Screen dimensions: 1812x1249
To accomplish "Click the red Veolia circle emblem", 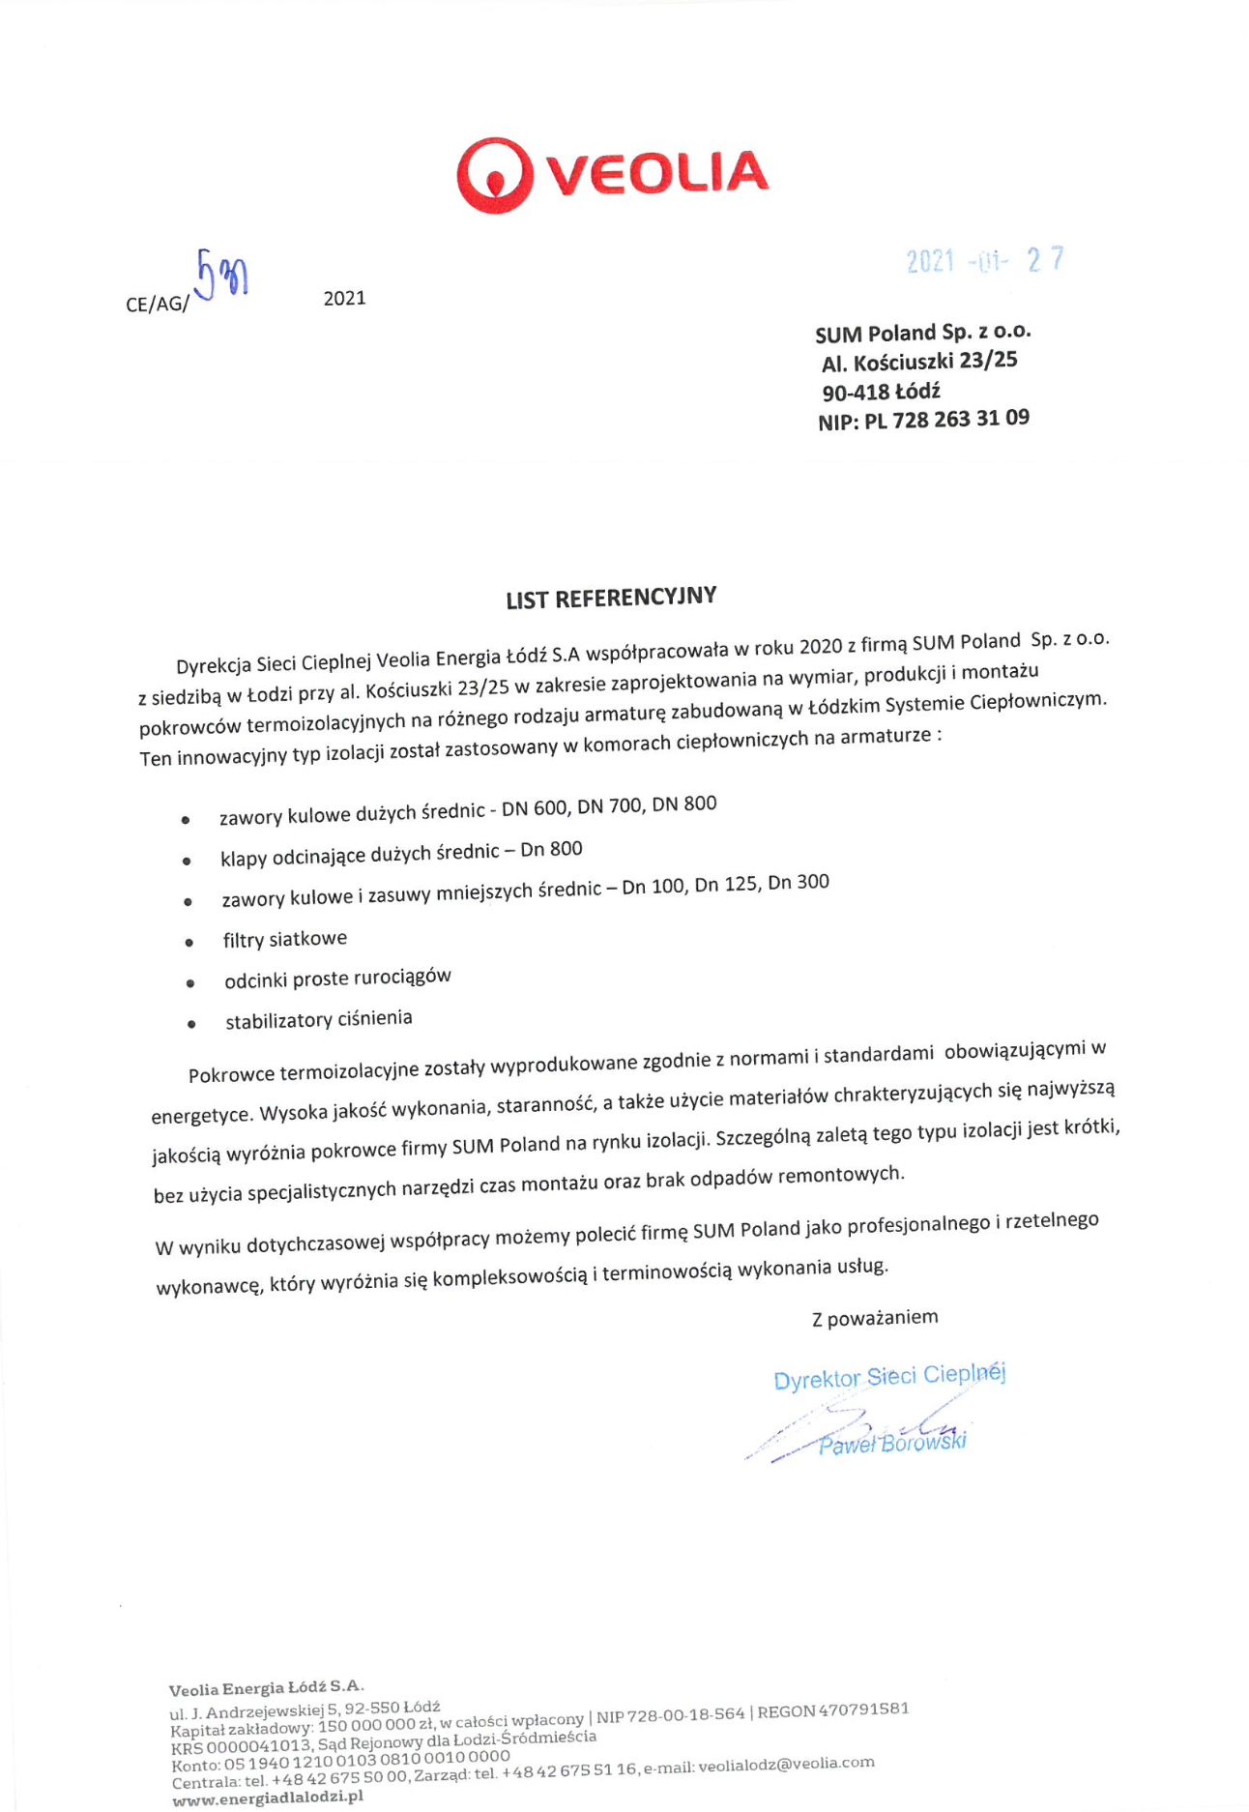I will (494, 175).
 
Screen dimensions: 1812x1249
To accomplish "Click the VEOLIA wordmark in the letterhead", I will (657, 173).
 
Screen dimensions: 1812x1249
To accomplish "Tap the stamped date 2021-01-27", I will (984, 260).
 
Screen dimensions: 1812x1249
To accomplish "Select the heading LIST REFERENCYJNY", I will (611, 598).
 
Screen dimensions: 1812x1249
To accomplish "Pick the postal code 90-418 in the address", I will (856, 393).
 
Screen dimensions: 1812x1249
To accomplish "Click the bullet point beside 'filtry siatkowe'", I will (189, 943).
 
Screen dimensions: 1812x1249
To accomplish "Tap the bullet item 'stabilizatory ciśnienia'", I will (318, 1020).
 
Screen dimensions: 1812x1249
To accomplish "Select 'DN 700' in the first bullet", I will (611, 807).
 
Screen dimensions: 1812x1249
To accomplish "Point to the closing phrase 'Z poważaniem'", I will (874, 1318).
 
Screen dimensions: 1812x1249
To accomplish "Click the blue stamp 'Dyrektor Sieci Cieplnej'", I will (888, 1377).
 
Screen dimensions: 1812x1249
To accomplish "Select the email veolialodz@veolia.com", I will (786, 1764).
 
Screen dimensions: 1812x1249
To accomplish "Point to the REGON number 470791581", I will (862, 1709).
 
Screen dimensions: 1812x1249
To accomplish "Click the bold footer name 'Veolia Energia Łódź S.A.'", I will (266, 1688).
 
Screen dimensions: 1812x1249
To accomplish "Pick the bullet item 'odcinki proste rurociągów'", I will (337, 979).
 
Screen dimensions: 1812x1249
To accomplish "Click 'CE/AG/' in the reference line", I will (157, 305).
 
